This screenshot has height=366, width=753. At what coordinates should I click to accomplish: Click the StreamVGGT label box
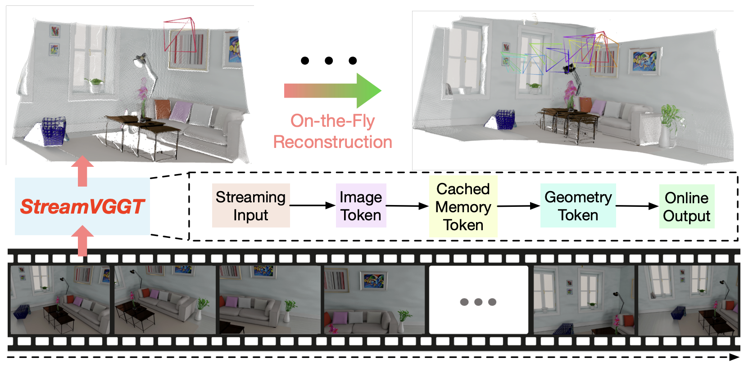pos(82,206)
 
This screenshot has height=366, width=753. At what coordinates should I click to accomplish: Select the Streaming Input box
pos(251,205)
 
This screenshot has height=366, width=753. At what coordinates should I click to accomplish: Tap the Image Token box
pos(361,205)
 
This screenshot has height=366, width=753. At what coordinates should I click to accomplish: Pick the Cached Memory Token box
pos(463,207)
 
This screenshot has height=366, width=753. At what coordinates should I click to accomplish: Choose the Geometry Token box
pos(578,205)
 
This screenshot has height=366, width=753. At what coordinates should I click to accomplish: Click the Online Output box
pos(686,206)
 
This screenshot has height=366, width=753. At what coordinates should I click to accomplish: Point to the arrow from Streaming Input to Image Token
pos(313,205)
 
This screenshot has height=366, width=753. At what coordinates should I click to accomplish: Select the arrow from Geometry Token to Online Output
pos(637,206)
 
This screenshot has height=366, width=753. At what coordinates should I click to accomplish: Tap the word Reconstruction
pos(332,142)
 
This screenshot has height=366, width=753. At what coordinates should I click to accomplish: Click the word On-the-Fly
pos(332,121)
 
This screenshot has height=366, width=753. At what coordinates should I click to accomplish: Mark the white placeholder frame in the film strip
pos(478,300)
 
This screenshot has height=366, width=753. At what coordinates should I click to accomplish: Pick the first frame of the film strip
pos(60,299)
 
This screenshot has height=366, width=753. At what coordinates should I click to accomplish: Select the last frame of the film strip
pos(688,300)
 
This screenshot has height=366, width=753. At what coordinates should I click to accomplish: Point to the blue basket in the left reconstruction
pos(54,131)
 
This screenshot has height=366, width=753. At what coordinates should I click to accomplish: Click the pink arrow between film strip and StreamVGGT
pos(82,241)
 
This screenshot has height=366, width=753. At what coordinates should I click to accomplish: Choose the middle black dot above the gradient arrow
pos(329,61)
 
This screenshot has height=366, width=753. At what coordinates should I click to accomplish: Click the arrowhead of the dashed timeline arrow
pos(734,357)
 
